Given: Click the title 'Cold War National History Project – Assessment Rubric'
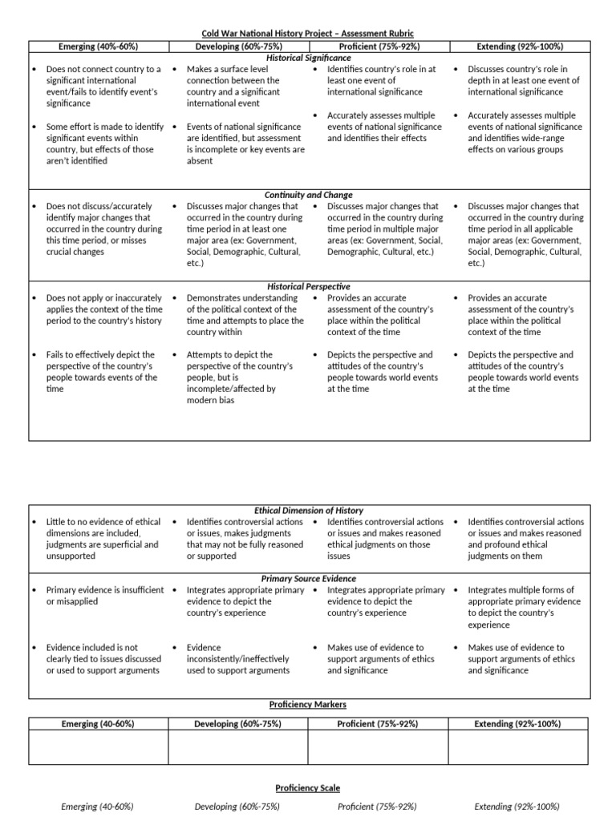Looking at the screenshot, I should (x=308, y=33).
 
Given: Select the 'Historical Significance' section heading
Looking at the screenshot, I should (x=308, y=58).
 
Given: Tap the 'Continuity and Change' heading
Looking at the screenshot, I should (x=308, y=195).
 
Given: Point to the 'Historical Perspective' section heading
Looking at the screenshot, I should (x=308, y=286).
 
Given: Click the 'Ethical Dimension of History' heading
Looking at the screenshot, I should (x=308, y=510).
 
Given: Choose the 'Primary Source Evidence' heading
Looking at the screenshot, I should (x=308, y=578).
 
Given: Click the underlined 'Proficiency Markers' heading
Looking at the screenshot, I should (x=308, y=704).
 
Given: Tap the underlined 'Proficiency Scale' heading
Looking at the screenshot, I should (x=308, y=788).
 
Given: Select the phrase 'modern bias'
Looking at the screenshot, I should (x=211, y=400).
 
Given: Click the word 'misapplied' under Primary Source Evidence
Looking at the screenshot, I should (x=80, y=601).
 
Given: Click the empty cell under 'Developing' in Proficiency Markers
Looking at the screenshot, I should (x=238, y=747).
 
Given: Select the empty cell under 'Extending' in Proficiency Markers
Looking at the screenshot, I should (x=517, y=747).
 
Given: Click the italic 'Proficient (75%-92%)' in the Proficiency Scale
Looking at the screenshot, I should (x=378, y=807).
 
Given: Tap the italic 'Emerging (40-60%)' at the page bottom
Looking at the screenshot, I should (x=97, y=807).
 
